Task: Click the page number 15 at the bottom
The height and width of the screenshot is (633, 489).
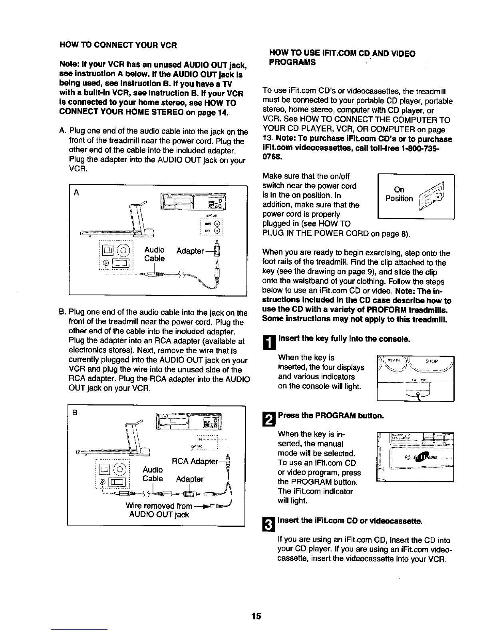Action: click(x=256, y=616)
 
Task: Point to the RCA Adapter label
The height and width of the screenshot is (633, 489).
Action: click(x=195, y=462)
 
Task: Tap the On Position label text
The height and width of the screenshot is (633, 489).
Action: click(x=399, y=194)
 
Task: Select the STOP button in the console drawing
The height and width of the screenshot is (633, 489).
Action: click(x=431, y=361)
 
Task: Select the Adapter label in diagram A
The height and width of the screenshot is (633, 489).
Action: click(x=190, y=251)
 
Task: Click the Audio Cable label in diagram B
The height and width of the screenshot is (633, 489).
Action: click(x=153, y=474)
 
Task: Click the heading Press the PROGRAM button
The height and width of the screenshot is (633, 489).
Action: click(x=331, y=415)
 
